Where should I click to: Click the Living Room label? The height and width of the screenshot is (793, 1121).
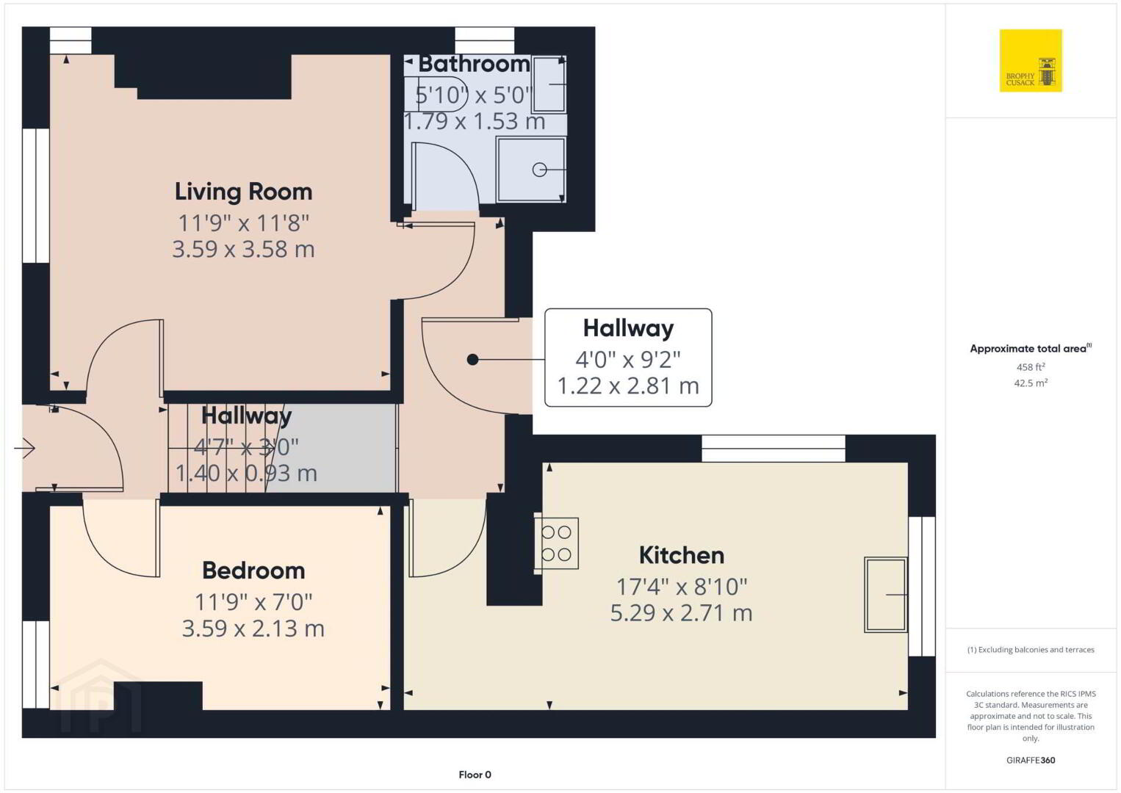(243, 192)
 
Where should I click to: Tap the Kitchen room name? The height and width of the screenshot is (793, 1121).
(682, 555)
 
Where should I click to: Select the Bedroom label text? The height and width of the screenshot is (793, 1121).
(253, 571)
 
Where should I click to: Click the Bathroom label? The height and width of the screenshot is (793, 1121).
(474, 64)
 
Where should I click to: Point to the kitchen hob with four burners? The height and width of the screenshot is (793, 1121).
(557, 543)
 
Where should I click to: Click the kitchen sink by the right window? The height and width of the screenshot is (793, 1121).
(886, 594)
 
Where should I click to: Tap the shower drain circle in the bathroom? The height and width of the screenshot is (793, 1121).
(539, 170)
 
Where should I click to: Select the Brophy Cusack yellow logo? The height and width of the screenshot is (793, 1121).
(1031, 60)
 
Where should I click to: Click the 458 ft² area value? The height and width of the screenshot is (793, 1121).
(1031, 367)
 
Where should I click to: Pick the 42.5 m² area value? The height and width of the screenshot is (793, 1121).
(1031, 383)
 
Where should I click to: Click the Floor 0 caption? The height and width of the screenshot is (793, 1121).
(475, 775)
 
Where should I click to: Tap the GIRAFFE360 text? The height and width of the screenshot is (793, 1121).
(1031, 761)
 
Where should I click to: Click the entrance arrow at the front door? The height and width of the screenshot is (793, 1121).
(24, 448)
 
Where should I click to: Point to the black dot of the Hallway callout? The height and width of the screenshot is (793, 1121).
(472, 359)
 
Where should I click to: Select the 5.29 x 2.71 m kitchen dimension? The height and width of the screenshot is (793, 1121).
(681, 613)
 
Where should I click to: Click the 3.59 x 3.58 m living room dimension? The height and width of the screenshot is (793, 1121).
(243, 249)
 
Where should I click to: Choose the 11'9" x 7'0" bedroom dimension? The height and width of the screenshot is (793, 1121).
(253, 602)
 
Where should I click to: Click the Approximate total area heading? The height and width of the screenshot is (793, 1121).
(1031, 349)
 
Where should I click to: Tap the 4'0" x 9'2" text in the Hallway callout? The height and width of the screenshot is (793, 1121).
(628, 359)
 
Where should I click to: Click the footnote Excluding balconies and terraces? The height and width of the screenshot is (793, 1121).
(1031, 650)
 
